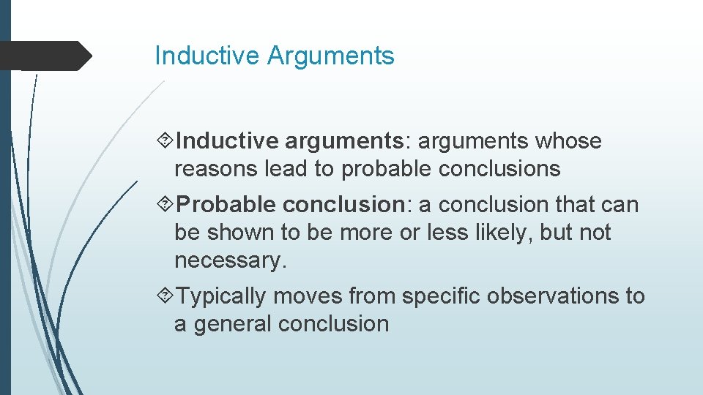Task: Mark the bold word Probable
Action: coord(226,205)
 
